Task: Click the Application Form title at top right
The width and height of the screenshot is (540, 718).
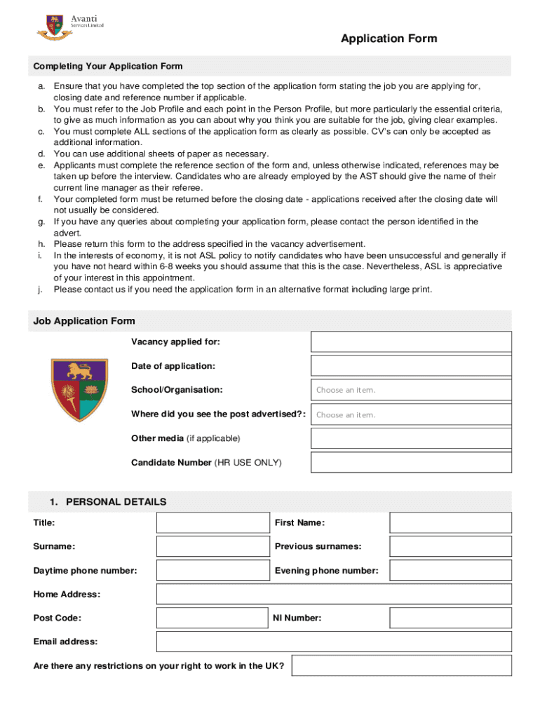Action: click(389, 39)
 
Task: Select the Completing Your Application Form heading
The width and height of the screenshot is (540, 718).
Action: click(108, 66)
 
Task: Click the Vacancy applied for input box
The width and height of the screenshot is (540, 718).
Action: click(411, 341)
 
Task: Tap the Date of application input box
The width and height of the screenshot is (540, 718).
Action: click(411, 366)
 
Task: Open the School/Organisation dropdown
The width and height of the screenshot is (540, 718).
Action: click(411, 390)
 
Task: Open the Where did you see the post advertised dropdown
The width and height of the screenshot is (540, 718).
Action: click(411, 414)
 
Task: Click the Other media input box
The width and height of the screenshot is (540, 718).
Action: click(411, 438)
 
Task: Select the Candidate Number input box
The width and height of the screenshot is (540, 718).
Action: click(411, 463)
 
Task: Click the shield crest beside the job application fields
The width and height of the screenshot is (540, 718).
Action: click(79, 390)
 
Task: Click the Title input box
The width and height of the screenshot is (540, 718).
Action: click(212, 523)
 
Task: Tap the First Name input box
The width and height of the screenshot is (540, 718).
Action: click(450, 523)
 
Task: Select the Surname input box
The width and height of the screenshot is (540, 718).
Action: click(212, 546)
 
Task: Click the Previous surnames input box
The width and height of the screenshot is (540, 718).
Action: click(450, 546)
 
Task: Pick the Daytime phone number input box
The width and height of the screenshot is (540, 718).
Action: click(212, 571)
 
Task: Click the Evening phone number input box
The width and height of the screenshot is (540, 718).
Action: click(450, 571)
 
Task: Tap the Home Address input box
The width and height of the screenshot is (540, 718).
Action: click(334, 595)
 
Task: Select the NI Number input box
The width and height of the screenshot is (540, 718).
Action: click(450, 618)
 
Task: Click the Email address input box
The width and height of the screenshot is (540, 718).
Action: click(334, 642)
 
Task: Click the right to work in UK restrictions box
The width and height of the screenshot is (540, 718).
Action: click(401, 666)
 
